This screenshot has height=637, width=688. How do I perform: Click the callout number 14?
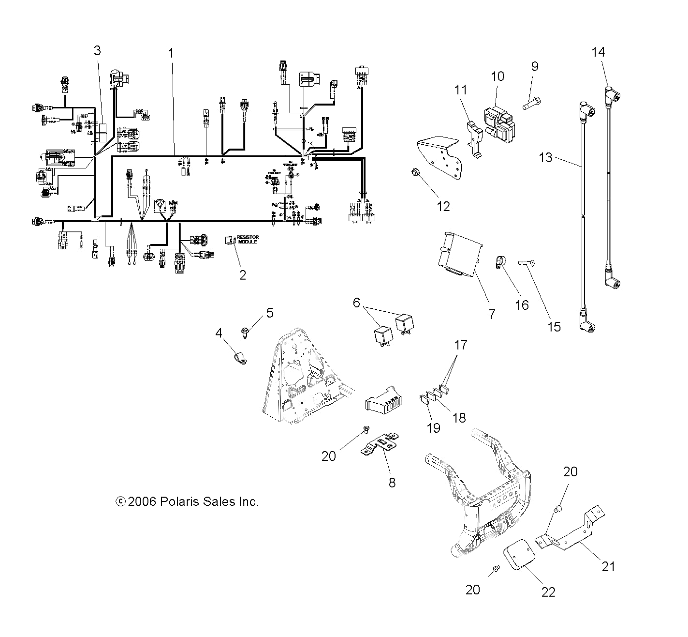click(x=598, y=52)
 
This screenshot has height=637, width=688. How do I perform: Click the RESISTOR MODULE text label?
click(x=248, y=239)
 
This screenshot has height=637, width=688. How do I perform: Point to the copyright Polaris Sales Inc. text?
click(x=188, y=502)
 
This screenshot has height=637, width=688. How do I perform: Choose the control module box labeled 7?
click(x=459, y=255)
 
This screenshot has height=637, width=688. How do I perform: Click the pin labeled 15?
click(x=526, y=263)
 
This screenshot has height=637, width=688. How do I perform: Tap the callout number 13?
click(x=545, y=157)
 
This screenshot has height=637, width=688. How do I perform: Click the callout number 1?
click(x=170, y=53)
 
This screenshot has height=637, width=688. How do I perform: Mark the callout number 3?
click(x=97, y=50)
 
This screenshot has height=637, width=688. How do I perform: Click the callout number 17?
click(x=461, y=345)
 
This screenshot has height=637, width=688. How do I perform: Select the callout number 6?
click(x=356, y=303)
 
